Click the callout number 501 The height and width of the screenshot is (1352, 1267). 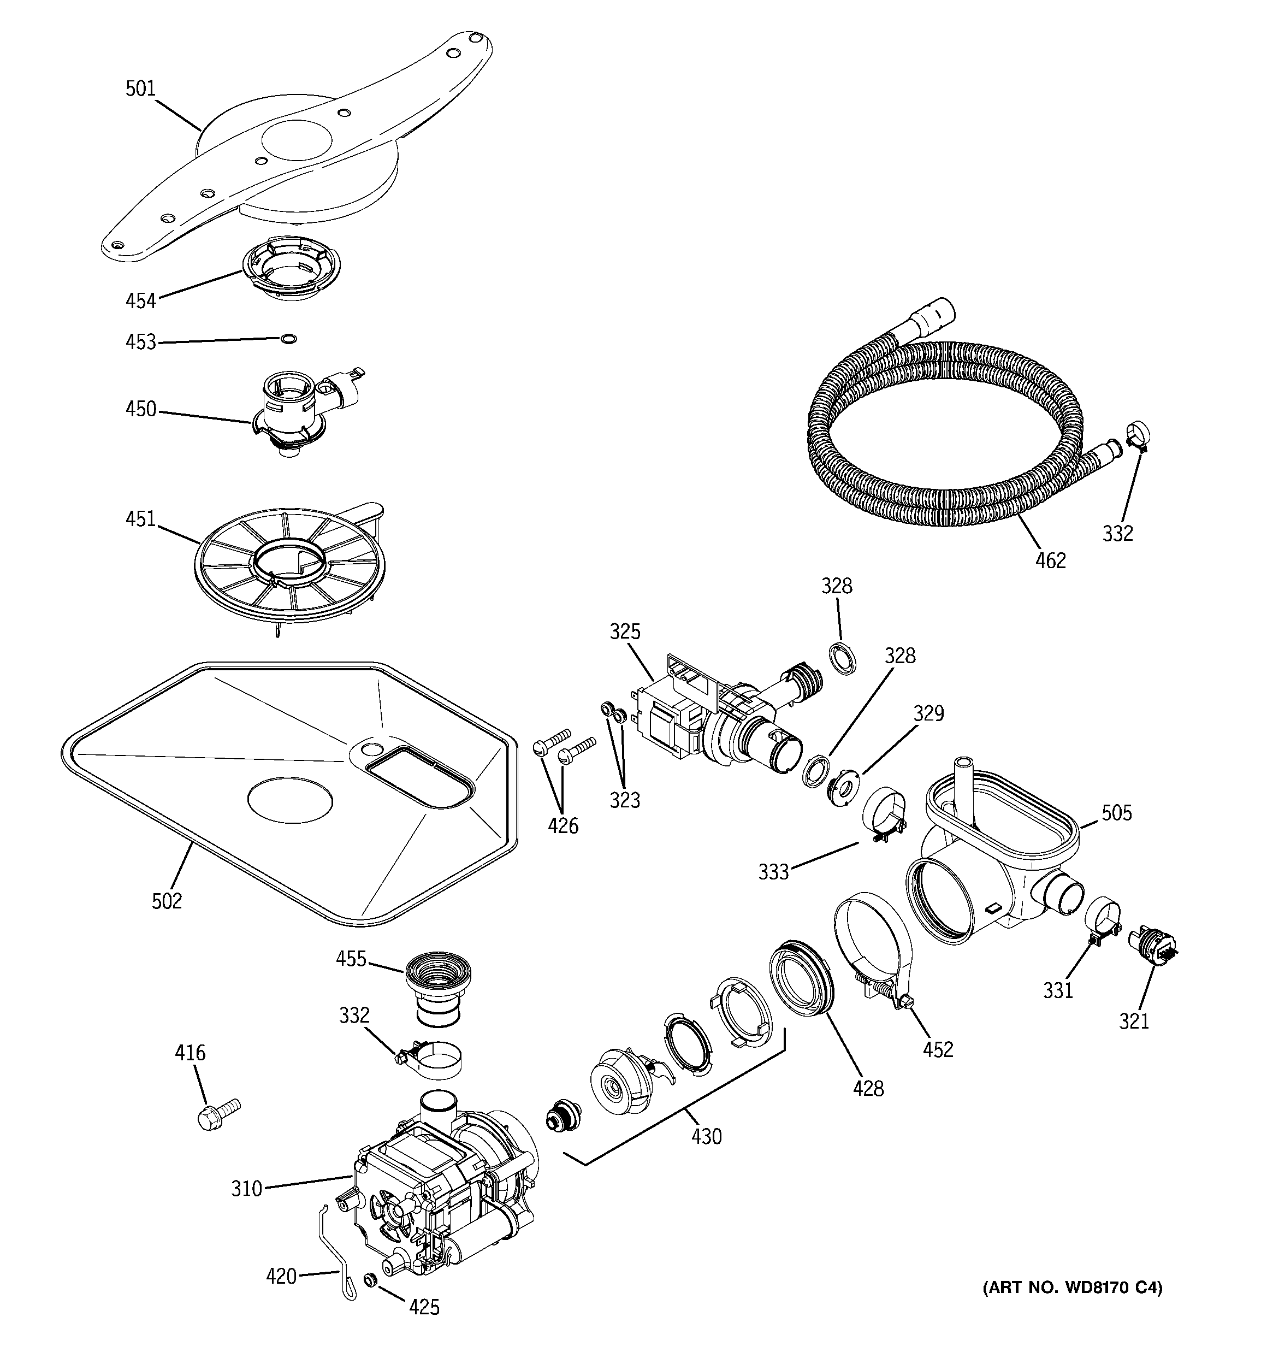140,89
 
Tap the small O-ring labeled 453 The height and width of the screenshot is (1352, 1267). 289,339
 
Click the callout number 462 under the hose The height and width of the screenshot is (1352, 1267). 1050,560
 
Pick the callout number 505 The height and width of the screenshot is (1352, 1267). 1116,813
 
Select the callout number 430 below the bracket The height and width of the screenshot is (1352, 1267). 706,1136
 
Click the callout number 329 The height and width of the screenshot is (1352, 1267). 928,713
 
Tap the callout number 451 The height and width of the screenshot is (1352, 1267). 140,519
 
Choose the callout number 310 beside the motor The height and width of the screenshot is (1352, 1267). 246,1189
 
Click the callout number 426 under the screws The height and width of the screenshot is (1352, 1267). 563,826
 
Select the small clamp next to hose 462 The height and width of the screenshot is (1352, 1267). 1137,435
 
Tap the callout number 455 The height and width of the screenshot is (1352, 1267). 351,959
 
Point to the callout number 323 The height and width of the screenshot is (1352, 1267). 624,800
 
